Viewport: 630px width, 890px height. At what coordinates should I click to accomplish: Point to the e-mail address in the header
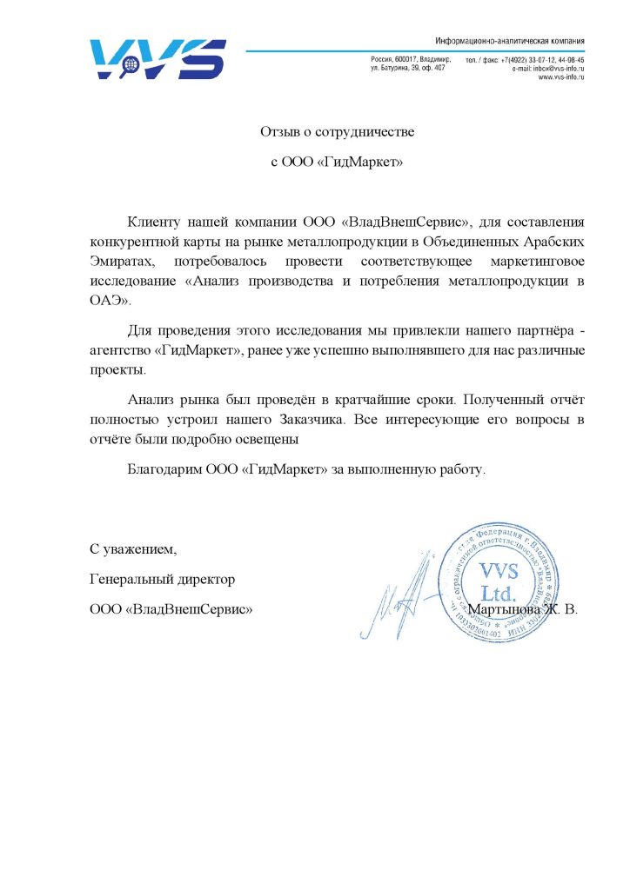click(548, 68)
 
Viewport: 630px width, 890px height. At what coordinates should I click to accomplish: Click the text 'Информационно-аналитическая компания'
click(509, 41)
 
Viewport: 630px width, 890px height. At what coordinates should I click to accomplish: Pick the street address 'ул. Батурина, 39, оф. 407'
click(408, 68)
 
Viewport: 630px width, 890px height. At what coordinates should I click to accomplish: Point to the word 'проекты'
click(116, 369)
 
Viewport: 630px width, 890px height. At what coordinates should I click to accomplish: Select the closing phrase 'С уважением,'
click(133, 549)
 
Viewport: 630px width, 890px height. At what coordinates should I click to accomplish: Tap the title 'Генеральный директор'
click(162, 579)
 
